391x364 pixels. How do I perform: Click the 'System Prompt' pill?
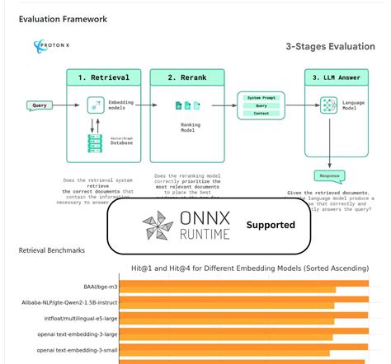[260, 96]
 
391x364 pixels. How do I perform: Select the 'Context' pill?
[260, 114]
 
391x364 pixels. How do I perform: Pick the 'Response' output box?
[329, 175]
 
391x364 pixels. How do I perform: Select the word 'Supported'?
[270, 225]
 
